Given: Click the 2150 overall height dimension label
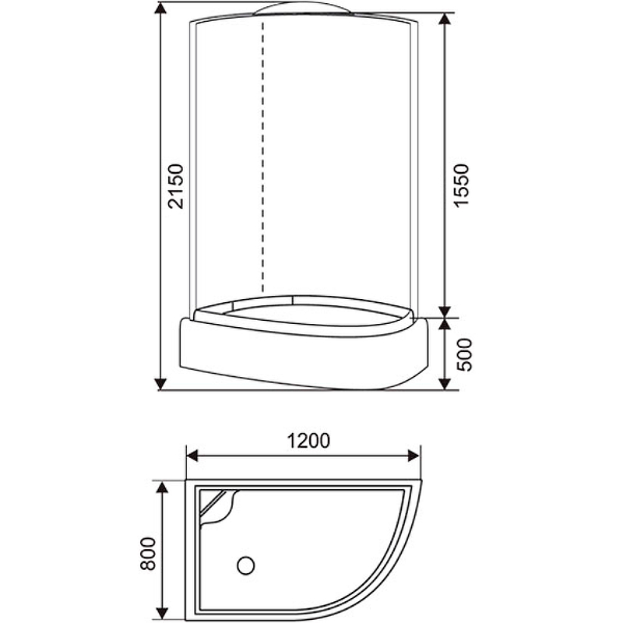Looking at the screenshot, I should coord(177,186).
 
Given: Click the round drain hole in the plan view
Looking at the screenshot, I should coord(247,562).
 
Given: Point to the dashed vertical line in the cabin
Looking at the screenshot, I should coord(263,156).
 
